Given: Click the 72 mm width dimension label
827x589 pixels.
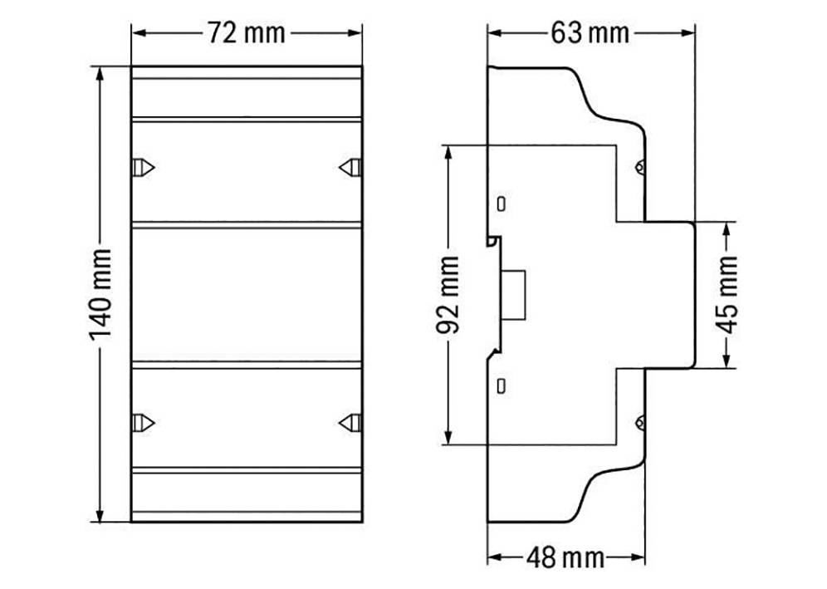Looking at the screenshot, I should pos(246,33).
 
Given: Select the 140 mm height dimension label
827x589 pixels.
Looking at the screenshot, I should pos(100,294).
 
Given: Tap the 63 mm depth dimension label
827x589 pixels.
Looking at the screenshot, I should pos(590,33).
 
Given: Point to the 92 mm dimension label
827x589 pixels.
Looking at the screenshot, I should pos(448,295).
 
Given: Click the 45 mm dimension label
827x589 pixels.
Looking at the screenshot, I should pos(727,294).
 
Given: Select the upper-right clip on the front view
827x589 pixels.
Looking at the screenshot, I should pos(350,167).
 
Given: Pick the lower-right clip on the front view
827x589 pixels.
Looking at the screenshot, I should pos(350,423).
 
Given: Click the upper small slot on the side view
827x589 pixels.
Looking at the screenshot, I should pos(502,204).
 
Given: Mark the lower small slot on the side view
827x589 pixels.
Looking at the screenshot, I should pos(502,385).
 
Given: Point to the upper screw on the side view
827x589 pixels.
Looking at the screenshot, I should pos(640,167).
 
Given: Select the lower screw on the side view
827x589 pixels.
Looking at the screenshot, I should pos(640,423).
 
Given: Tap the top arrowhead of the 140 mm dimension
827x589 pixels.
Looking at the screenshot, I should pos(100,73).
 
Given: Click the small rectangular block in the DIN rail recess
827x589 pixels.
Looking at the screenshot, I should pos(515,294).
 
